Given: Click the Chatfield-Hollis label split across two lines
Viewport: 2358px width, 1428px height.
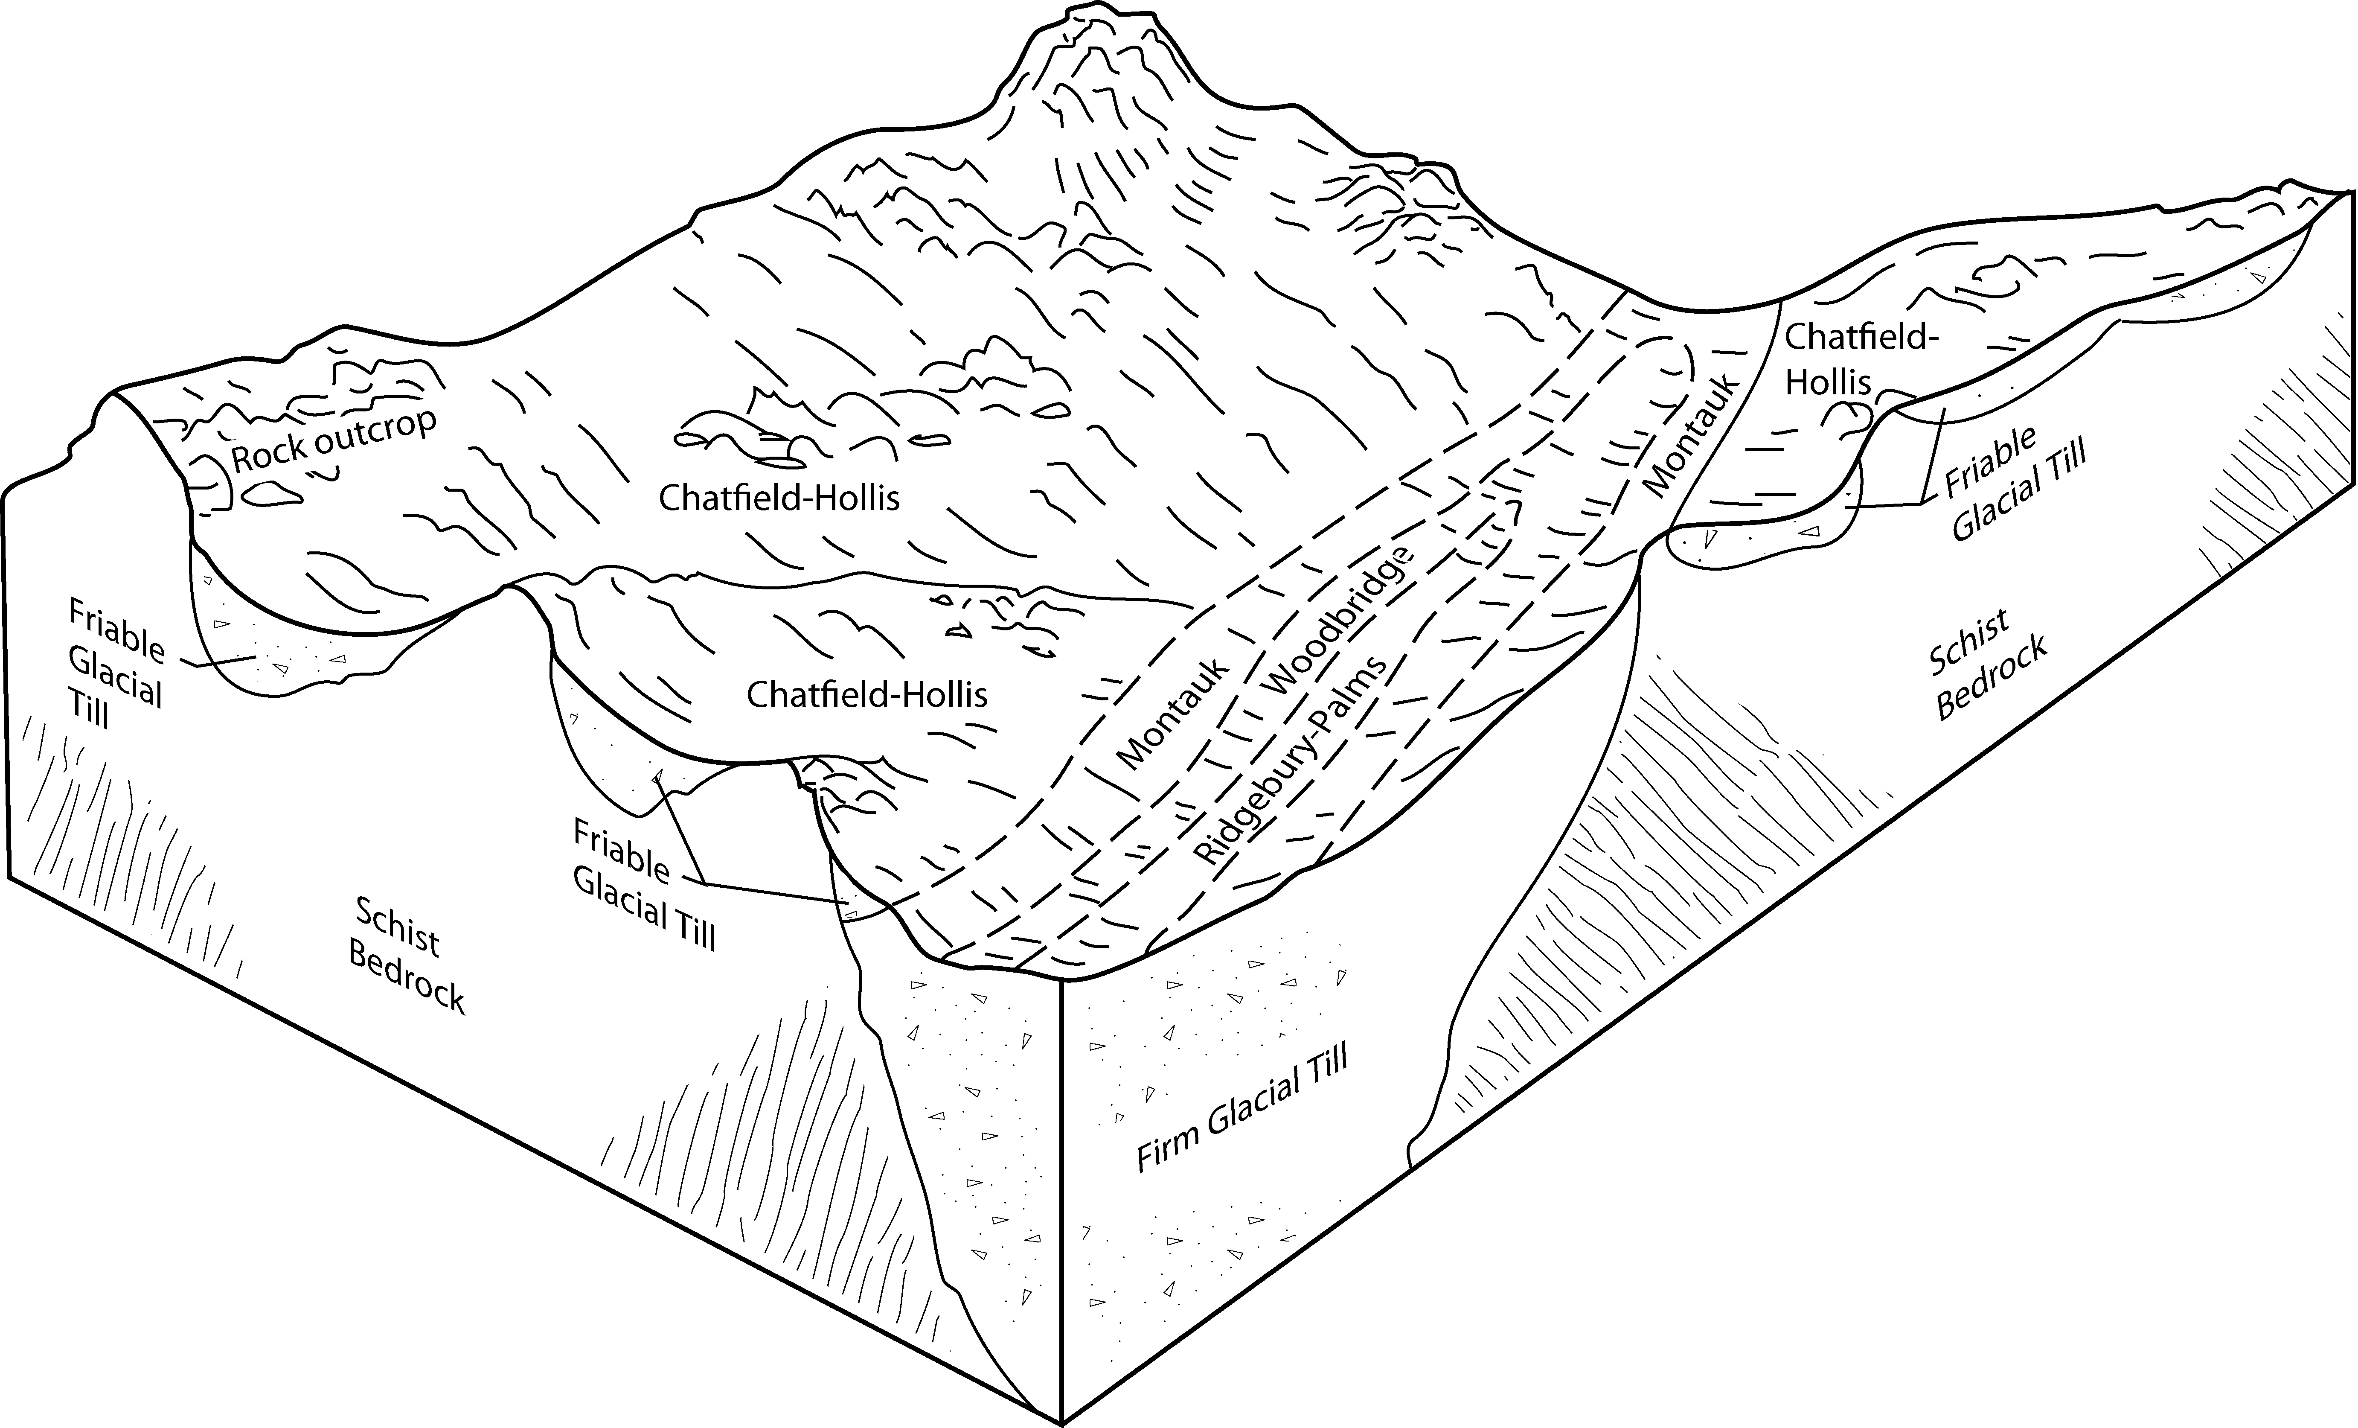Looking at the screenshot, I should (1847, 359).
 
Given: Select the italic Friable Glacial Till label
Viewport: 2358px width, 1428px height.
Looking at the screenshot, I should (2015, 484).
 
